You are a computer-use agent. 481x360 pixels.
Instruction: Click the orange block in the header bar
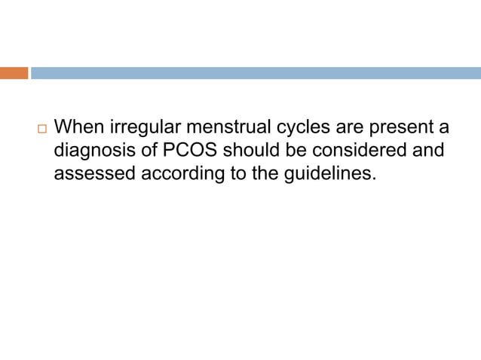[14, 73]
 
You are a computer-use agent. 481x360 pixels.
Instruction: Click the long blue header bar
[256, 73]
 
